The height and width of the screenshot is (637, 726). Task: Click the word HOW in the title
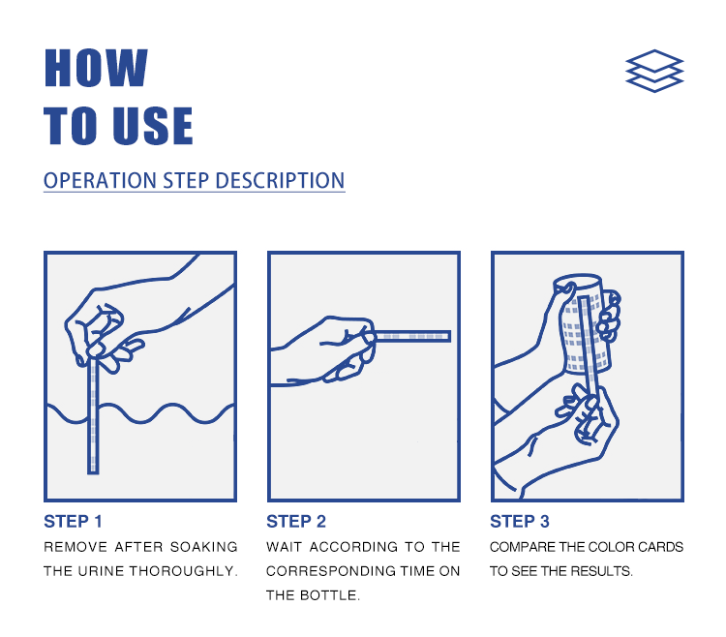pyautogui.click(x=96, y=68)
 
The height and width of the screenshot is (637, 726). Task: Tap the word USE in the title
pyautogui.click(x=153, y=126)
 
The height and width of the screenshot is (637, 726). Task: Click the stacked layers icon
pyautogui.click(x=654, y=71)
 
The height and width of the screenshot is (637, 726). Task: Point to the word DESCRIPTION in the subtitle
pyautogui.click(x=280, y=180)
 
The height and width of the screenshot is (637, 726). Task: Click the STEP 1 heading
pyautogui.click(x=73, y=521)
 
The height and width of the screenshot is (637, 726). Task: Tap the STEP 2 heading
pyautogui.click(x=296, y=521)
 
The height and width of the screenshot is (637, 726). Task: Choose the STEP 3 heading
pyautogui.click(x=520, y=521)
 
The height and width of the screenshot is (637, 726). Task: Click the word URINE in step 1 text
pyautogui.click(x=102, y=571)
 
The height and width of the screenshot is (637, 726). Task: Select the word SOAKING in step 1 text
pyautogui.click(x=203, y=547)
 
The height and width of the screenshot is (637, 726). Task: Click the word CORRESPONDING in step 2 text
pyautogui.click(x=331, y=571)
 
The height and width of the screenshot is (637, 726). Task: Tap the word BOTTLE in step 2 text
pyautogui.click(x=329, y=594)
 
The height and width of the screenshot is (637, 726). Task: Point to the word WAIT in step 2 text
pyautogui.click(x=284, y=547)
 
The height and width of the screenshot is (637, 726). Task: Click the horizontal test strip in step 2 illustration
pyautogui.click(x=412, y=336)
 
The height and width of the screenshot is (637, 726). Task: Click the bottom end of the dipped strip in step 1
pyautogui.click(x=93, y=472)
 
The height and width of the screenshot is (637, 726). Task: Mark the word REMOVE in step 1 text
pyautogui.click(x=76, y=547)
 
